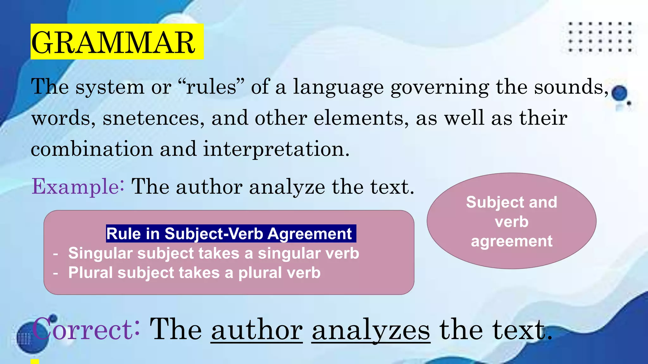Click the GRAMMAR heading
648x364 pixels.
tap(113, 42)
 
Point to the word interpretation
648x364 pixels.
tap(276, 149)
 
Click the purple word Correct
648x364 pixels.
tap(85, 329)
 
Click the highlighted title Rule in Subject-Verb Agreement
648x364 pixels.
tap(229, 234)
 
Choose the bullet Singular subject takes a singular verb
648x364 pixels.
tap(214, 253)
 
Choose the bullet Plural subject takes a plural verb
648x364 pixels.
tap(194, 273)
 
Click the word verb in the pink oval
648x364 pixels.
tap(511, 221)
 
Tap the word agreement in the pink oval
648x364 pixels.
tap(511, 241)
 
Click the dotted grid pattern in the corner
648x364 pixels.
tap(599, 37)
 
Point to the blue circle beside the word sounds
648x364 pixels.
tap(619, 93)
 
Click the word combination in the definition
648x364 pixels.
tap(92, 149)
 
